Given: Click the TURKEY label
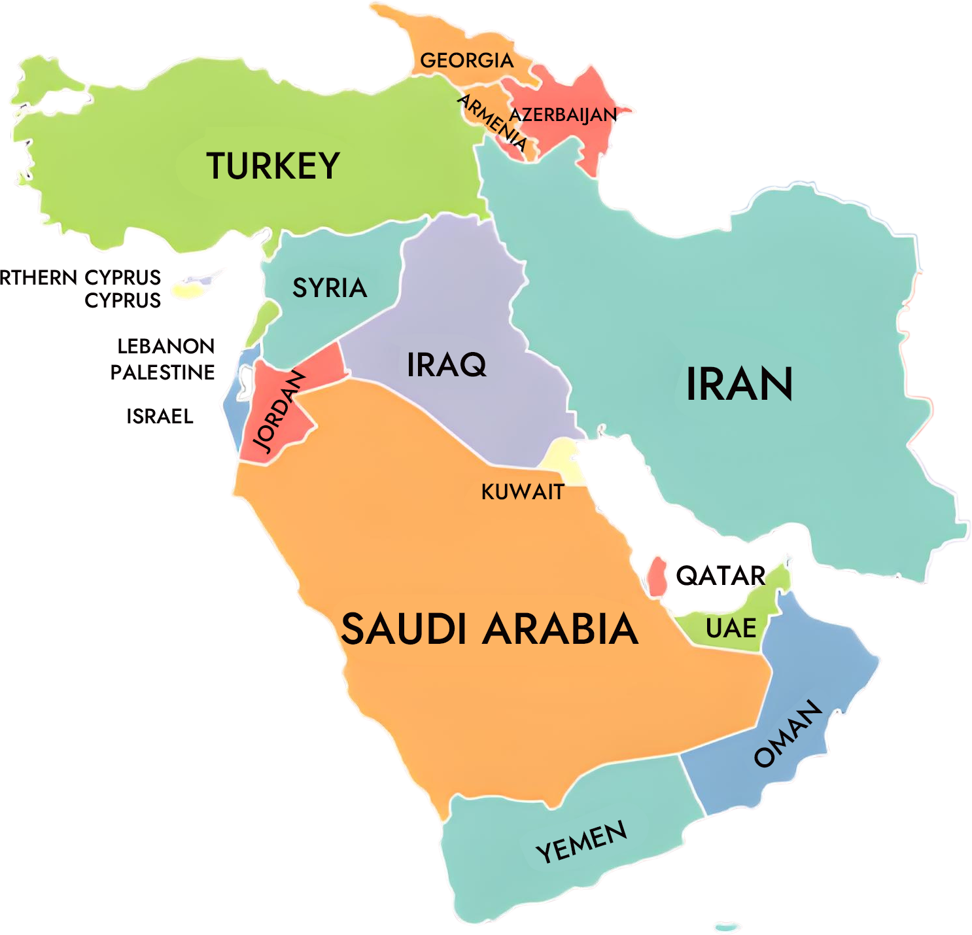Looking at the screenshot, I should click(x=273, y=166).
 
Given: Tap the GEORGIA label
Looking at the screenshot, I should click(x=466, y=60).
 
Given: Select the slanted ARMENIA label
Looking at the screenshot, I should click(x=492, y=122).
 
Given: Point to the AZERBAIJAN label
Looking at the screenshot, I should click(x=563, y=115).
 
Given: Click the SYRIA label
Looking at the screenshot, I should click(x=329, y=288).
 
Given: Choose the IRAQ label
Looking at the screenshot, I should click(x=447, y=365).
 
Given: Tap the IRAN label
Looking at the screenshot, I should click(x=739, y=384).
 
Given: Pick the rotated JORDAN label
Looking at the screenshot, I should click(x=279, y=411).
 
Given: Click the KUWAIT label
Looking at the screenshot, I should click(x=523, y=492).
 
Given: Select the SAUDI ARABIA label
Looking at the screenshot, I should click(x=489, y=629).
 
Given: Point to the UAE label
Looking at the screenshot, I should click(x=731, y=629).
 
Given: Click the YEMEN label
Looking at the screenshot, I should click(x=581, y=842).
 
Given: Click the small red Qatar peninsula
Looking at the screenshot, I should click(x=657, y=576).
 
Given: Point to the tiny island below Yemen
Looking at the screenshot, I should click(x=727, y=926).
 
